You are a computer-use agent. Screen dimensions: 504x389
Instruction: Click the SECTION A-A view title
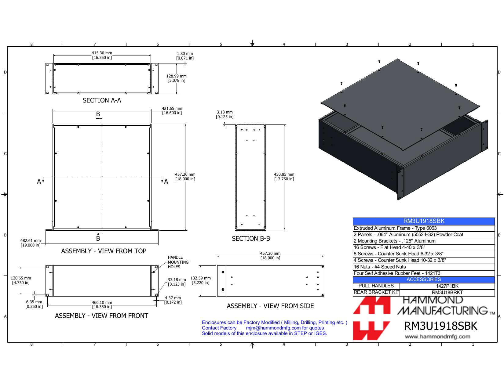click(102, 100)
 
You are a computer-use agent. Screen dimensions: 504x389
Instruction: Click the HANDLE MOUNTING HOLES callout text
click(178, 262)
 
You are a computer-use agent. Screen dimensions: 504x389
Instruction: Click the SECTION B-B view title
click(251, 238)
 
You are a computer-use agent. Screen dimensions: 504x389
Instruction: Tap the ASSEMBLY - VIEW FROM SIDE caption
click(270, 306)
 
